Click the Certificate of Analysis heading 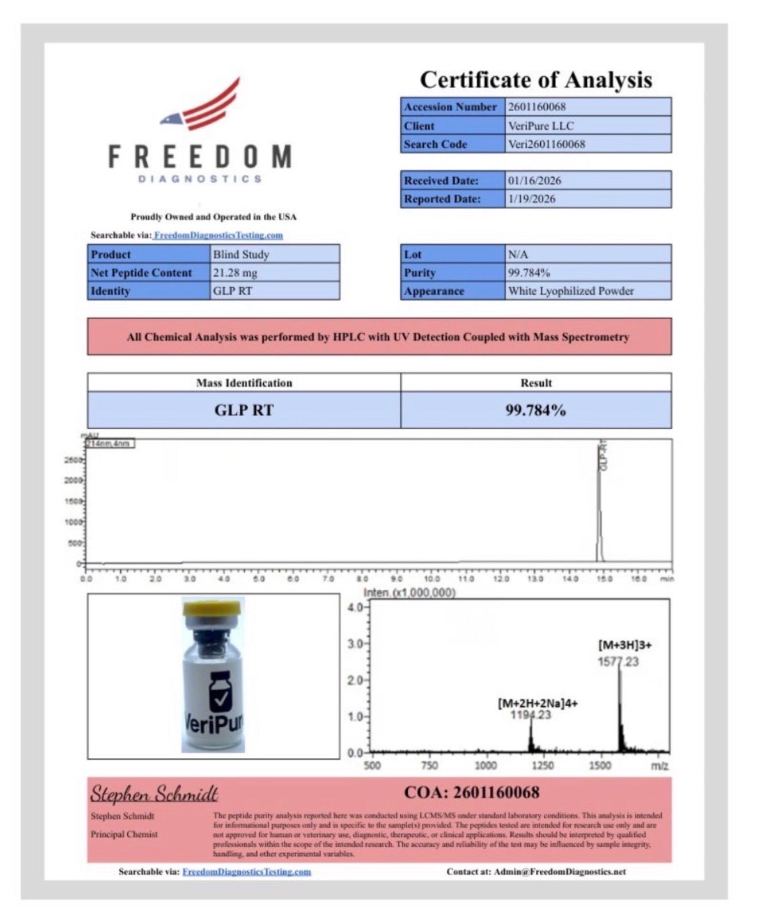click(536, 80)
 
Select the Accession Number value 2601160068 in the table click(537, 107)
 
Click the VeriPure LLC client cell click(540, 126)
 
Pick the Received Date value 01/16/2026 click(534, 181)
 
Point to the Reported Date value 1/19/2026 click(531, 199)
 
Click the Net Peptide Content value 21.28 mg click(235, 273)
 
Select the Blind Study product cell click(241, 255)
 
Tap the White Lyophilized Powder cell click(571, 291)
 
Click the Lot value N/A click(518, 255)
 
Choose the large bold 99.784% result click(535, 410)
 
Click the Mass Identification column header click(244, 383)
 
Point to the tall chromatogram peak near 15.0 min click(599, 504)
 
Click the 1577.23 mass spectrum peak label click(618, 662)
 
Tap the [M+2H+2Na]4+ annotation click(537, 703)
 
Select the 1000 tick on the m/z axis click(485, 766)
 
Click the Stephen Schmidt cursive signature click(154, 794)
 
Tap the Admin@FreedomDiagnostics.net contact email click(560, 872)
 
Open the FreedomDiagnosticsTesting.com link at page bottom click(247, 872)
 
